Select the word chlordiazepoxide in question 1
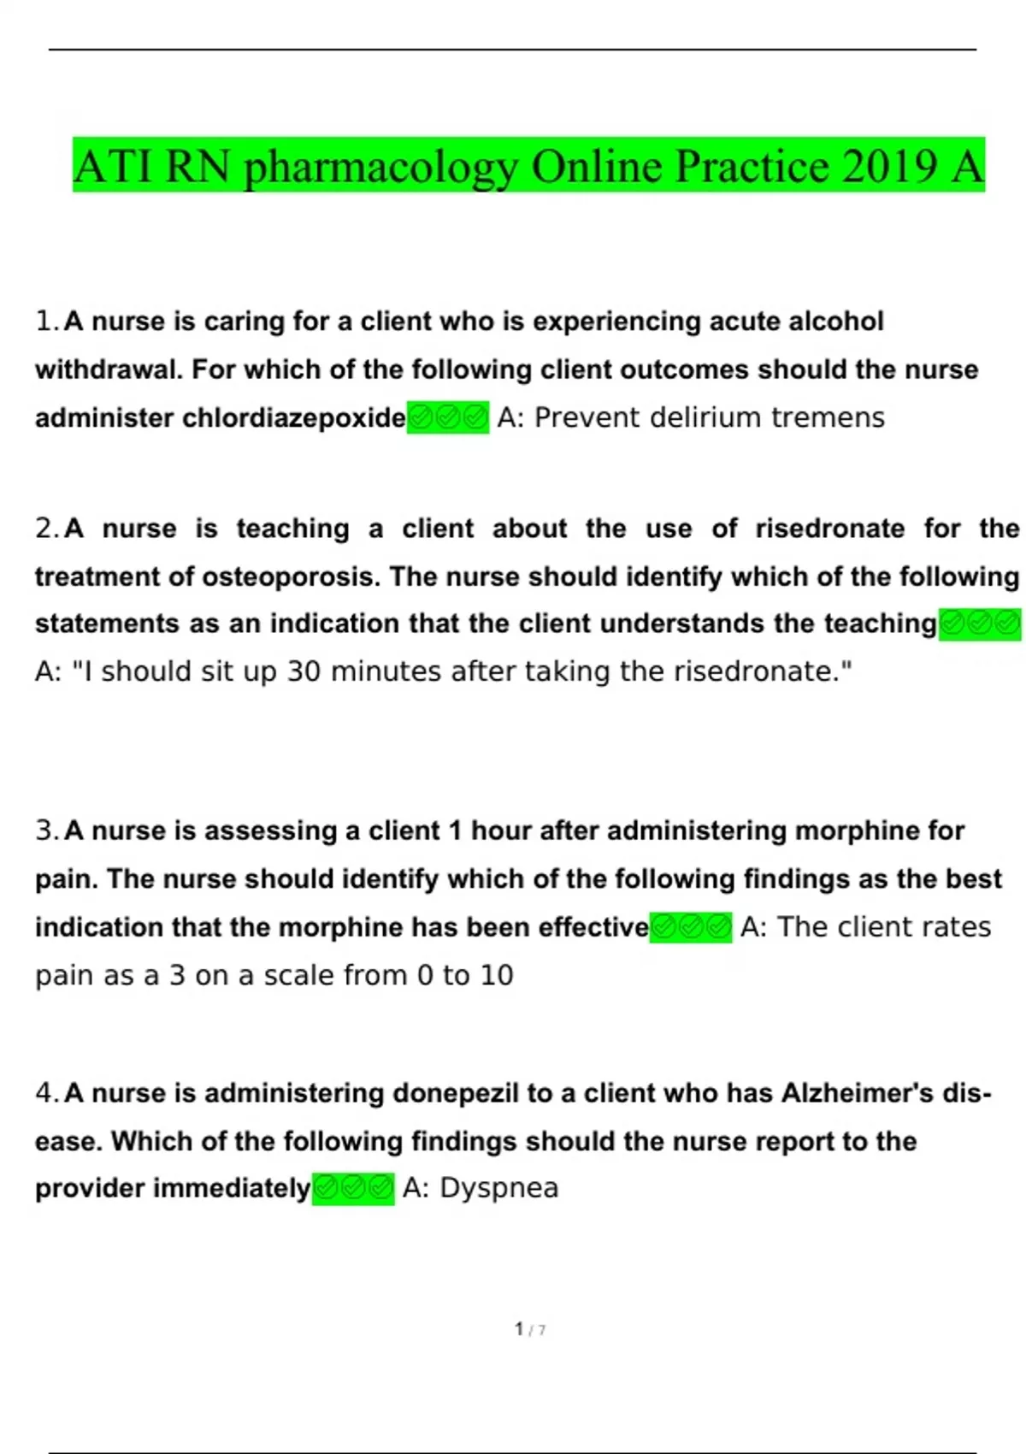293,418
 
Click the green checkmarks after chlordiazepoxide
448,418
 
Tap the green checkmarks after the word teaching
980,624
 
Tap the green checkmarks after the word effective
691,927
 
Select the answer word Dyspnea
498,1189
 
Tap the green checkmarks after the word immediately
353,1189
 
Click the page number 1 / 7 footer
530,1329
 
